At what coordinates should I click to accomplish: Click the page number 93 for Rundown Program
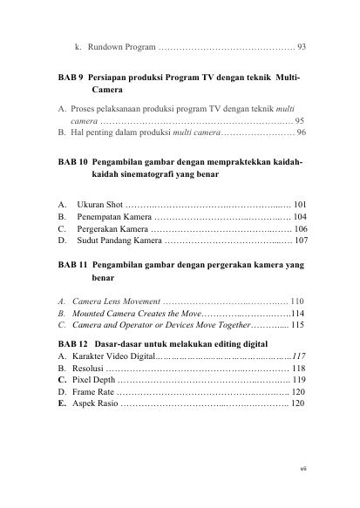tap(301, 45)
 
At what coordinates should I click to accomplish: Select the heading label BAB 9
tap(71, 78)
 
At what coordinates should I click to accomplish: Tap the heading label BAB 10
tap(73, 163)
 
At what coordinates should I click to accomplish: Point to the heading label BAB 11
tap(73, 262)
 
